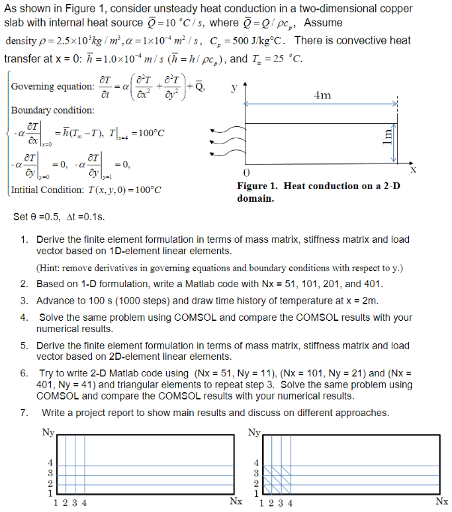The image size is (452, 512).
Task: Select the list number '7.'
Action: pyautogui.click(x=24, y=413)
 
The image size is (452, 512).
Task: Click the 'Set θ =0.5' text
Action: pyautogui.click(x=32, y=217)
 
